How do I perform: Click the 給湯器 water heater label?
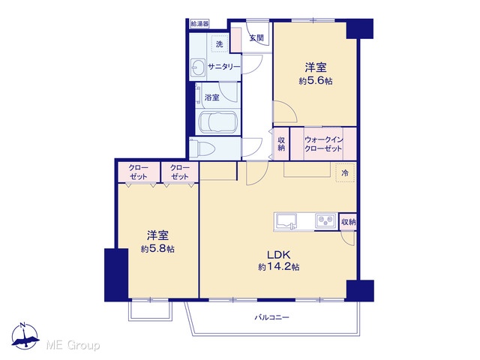tap(199, 23)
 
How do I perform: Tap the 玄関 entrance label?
tap(256, 38)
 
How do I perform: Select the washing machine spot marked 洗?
tap(220, 44)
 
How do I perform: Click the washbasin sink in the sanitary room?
tap(197, 67)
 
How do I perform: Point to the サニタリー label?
tap(223, 67)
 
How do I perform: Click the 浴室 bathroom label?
tap(211, 97)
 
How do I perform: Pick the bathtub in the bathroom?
tap(217, 122)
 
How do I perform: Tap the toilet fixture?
tap(202, 148)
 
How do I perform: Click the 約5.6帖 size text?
tap(316, 81)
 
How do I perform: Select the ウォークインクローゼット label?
tap(323, 144)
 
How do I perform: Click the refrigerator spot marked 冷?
tap(345, 173)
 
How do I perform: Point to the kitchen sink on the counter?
tap(286, 221)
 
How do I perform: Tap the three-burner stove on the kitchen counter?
tap(325, 221)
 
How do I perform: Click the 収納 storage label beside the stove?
tap(348, 222)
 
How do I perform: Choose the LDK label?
tap(278, 255)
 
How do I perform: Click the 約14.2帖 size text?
tap(278, 267)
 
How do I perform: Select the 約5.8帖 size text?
tap(157, 249)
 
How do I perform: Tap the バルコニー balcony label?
tap(271, 317)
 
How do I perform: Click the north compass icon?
tap(25, 336)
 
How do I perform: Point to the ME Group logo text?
tap(73, 345)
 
